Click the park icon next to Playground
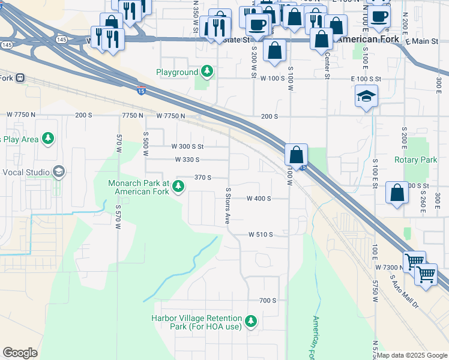click(x=208, y=72)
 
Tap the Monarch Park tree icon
click(x=178, y=188)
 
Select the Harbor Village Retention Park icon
click(x=250, y=322)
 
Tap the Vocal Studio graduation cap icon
click(x=58, y=172)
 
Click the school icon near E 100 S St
click(x=366, y=97)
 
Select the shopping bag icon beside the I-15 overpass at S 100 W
click(x=297, y=154)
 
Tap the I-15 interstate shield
click(x=140, y=91)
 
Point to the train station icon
click(x=21, y=77)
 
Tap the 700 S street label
click(x=267, y=300)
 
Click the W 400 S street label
click(x=259, y=199)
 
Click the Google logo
click(x=20, y=353)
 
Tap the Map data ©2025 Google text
click(x=412, y=355)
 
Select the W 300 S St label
click(x=187, y=146)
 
